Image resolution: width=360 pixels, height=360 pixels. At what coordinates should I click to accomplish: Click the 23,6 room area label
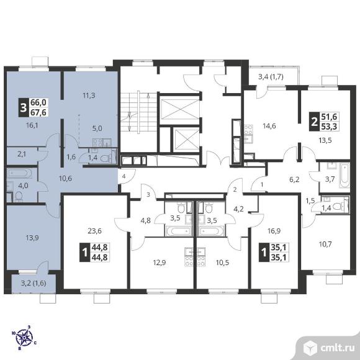coord(94,231)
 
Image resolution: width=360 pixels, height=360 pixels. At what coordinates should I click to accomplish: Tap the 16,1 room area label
coord(32,125)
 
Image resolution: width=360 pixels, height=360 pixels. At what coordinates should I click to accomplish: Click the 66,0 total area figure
coord(38,102)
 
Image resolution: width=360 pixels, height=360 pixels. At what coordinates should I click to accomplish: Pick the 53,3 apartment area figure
coord(329,126)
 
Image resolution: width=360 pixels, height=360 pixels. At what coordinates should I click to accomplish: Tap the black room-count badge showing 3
coord(24,107)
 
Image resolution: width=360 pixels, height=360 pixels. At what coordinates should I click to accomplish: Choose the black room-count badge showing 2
coord(314,122)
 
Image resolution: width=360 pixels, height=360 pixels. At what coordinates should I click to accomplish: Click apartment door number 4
coord(124,176)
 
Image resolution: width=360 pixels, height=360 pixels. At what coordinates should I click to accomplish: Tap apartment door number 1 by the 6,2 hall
coord(262,184)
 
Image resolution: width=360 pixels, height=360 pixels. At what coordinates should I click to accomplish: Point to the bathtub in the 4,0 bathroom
coord(19,173)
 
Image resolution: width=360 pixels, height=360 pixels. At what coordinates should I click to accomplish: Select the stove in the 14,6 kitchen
coord(248,130)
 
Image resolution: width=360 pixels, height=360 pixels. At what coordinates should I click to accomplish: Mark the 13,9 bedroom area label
coord(32,238)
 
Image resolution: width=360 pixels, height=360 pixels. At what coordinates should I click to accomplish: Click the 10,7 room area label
coord(325,244)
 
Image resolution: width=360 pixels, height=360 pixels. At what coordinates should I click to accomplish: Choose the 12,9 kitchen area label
coord(160,262)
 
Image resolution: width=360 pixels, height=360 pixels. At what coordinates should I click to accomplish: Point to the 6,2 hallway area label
coord(294,179)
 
